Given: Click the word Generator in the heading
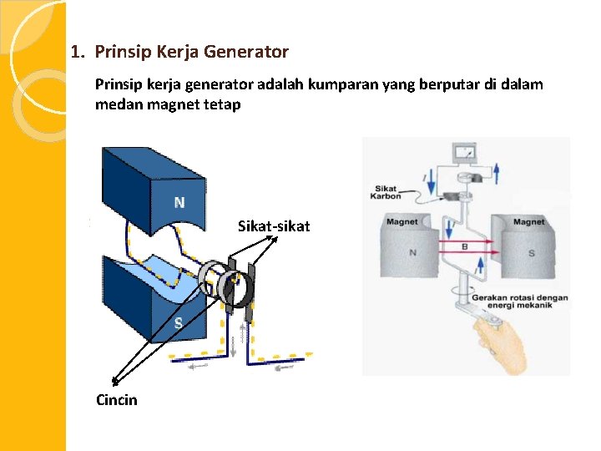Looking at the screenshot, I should pos(251,52).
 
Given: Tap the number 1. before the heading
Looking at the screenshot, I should pos(78,52).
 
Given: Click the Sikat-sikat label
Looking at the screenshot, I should pos(274,226).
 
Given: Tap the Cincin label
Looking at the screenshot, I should pos(117,400).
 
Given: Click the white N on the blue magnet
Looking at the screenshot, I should pos(179,203).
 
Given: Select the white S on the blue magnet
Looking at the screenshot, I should pos(178,323).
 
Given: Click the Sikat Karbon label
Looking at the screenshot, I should pos(386,192).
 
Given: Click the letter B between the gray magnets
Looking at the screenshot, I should pos(465,247).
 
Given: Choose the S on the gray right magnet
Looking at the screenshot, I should pos(532,253).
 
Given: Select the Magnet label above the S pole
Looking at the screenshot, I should pos(528,222).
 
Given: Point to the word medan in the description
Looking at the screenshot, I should pos(117,104).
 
